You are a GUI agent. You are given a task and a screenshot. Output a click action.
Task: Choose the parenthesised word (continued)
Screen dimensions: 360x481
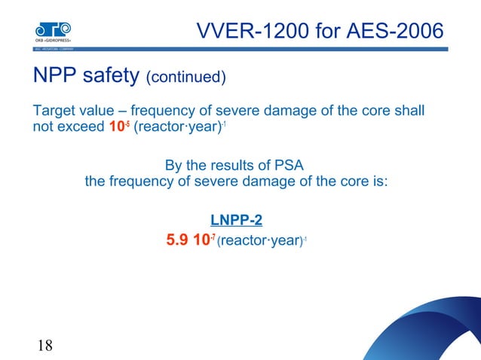click(186, 78)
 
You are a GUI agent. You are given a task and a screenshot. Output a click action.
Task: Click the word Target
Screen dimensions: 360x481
click(54, 111)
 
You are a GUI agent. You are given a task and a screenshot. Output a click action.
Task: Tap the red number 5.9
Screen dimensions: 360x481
click(178, 243)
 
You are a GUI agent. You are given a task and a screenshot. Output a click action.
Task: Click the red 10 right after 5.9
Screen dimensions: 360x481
click(204, 243)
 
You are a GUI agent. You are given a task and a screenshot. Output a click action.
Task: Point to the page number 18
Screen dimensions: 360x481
click(44, 346)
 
